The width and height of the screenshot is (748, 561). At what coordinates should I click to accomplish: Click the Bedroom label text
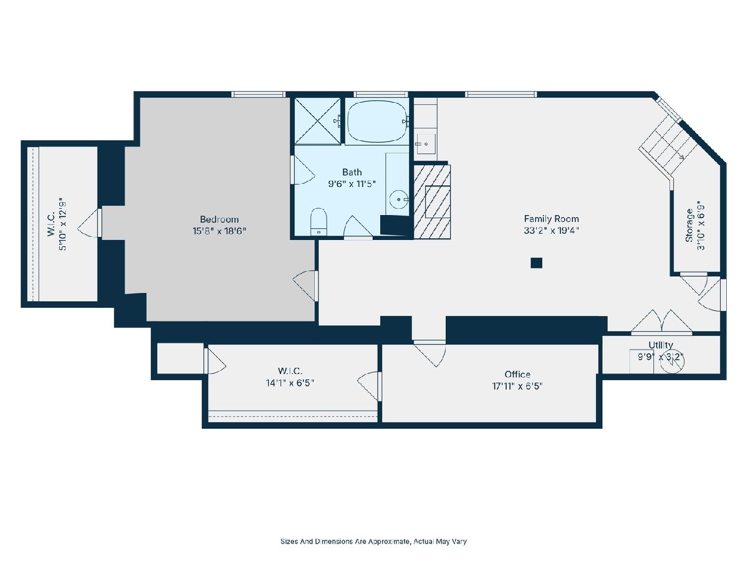pos(219,219)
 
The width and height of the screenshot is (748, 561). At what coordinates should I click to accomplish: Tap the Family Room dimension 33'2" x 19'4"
pos(551,231)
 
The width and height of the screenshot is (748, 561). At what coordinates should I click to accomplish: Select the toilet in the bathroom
pos(319,221)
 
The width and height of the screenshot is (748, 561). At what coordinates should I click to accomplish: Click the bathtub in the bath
pos(377,121)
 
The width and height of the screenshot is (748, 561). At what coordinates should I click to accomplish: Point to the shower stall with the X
pos(317,121)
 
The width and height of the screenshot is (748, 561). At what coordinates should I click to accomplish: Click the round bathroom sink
pos(399,199)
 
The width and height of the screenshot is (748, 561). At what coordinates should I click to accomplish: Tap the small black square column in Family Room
pos(537,263)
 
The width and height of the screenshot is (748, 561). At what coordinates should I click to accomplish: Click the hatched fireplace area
pos(432,201)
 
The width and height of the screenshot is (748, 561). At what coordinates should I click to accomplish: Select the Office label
pos(517,375)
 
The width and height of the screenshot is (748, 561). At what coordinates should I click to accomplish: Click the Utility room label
pos(660,345)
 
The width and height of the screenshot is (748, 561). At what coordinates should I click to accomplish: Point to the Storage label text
pos(689,226)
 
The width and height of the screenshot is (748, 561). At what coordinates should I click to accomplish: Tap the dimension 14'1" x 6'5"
pos(290,383)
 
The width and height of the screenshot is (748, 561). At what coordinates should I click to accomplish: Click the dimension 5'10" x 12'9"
pos(63,224)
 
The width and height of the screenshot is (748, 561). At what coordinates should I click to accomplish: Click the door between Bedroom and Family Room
pos(305,285)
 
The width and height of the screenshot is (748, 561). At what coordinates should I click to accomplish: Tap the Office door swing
pos(429,353)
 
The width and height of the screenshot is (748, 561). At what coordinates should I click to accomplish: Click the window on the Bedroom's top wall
pos(258,94)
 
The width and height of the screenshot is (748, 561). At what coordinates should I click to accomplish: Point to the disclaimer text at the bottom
pos(373,541)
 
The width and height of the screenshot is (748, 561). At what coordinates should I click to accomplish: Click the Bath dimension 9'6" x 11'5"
pos(352,184)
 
